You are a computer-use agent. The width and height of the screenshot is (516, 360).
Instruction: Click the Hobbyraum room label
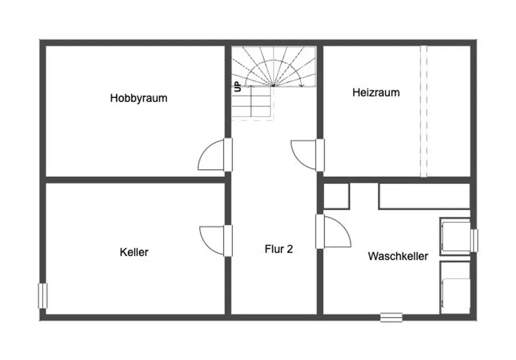point(139,98)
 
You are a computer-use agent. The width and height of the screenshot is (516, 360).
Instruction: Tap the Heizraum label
point(376,93)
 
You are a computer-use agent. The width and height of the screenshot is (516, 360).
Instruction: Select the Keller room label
point(134,252)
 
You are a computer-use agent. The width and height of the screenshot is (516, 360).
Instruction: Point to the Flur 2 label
point(279,249)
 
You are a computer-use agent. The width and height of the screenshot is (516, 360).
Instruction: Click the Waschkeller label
point(398,256)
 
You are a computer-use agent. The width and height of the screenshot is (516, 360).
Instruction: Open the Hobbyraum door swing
point(212,156)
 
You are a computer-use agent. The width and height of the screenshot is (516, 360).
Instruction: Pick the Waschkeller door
point(337,231)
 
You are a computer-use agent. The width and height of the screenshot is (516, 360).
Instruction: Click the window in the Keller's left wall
point(43,296)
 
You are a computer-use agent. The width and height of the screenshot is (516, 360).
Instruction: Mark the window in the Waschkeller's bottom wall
point(391,317)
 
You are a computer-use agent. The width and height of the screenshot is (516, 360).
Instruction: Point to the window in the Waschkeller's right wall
point(474,241)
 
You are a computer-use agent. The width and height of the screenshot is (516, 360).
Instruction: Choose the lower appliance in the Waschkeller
point(455,287)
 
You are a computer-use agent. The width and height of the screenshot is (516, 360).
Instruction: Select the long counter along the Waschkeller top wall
point(424,196)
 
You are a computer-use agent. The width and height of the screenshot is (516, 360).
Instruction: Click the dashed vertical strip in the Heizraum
point(424,111)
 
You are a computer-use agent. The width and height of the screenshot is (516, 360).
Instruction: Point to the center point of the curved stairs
point(273,85)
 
